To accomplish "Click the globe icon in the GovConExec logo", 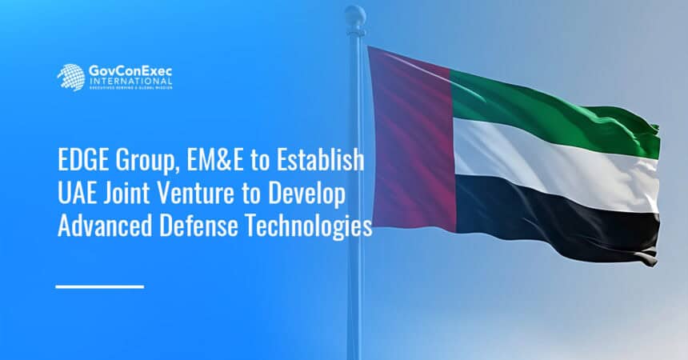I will (x=70, y=77).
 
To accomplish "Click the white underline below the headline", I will (x=100, y=286).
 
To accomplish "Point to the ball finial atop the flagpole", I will (x=354, y=15).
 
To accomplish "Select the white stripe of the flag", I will (x=552, y=160).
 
